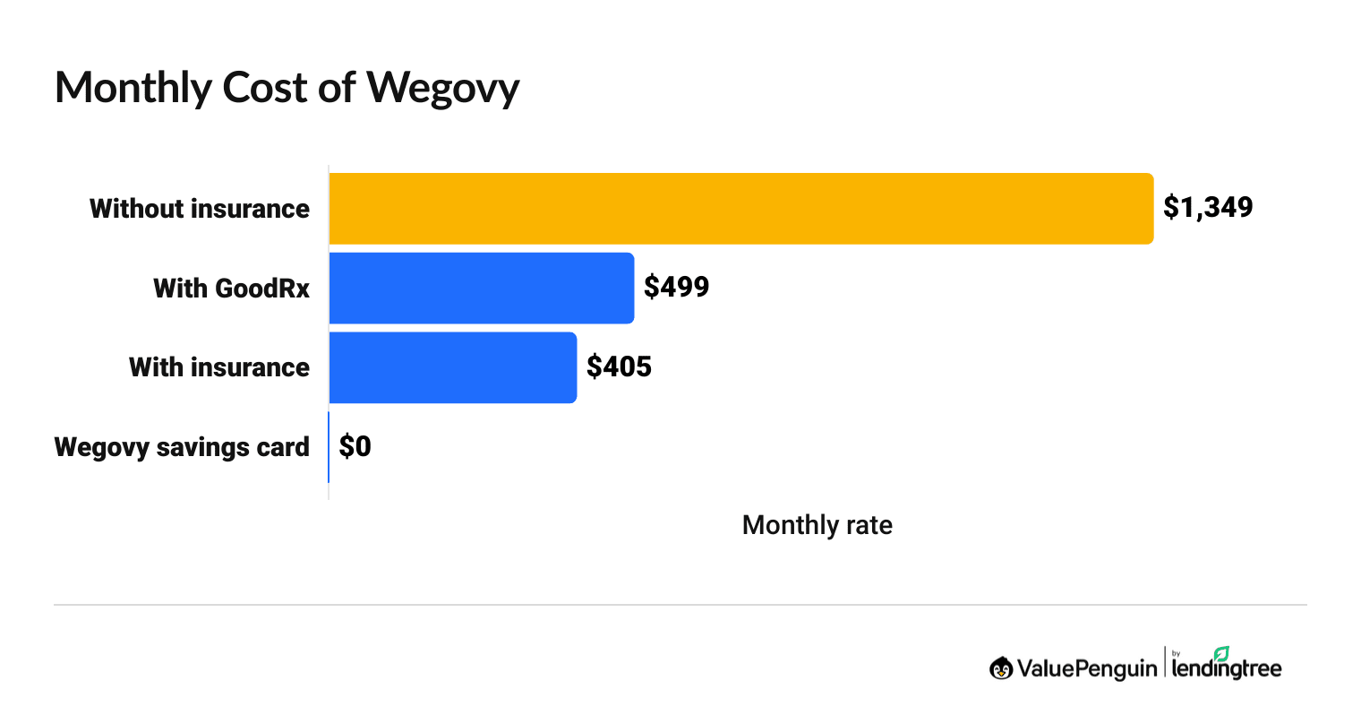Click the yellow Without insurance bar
(x=740, y=208)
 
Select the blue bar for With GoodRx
(x=482, y=288)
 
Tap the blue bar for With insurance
(x=453, y=367)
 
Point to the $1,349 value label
(x=1208, y=207)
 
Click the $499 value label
(x=677, y=287)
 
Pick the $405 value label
(x=619, y=366)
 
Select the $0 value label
(x=355, y=446)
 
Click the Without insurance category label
(x=200, y=209)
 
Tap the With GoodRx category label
(x=231, y=289)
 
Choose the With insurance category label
(x=219, y=367)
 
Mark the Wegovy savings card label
(x=182, y=447)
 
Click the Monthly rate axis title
(x=817, y=524)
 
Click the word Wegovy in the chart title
(x=442, y=89)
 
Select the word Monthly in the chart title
(x=133, y=89)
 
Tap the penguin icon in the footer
(x=1001, y=668)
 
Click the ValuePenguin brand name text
(x=1086, y=668)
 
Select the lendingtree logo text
(x=1227, y=668)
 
